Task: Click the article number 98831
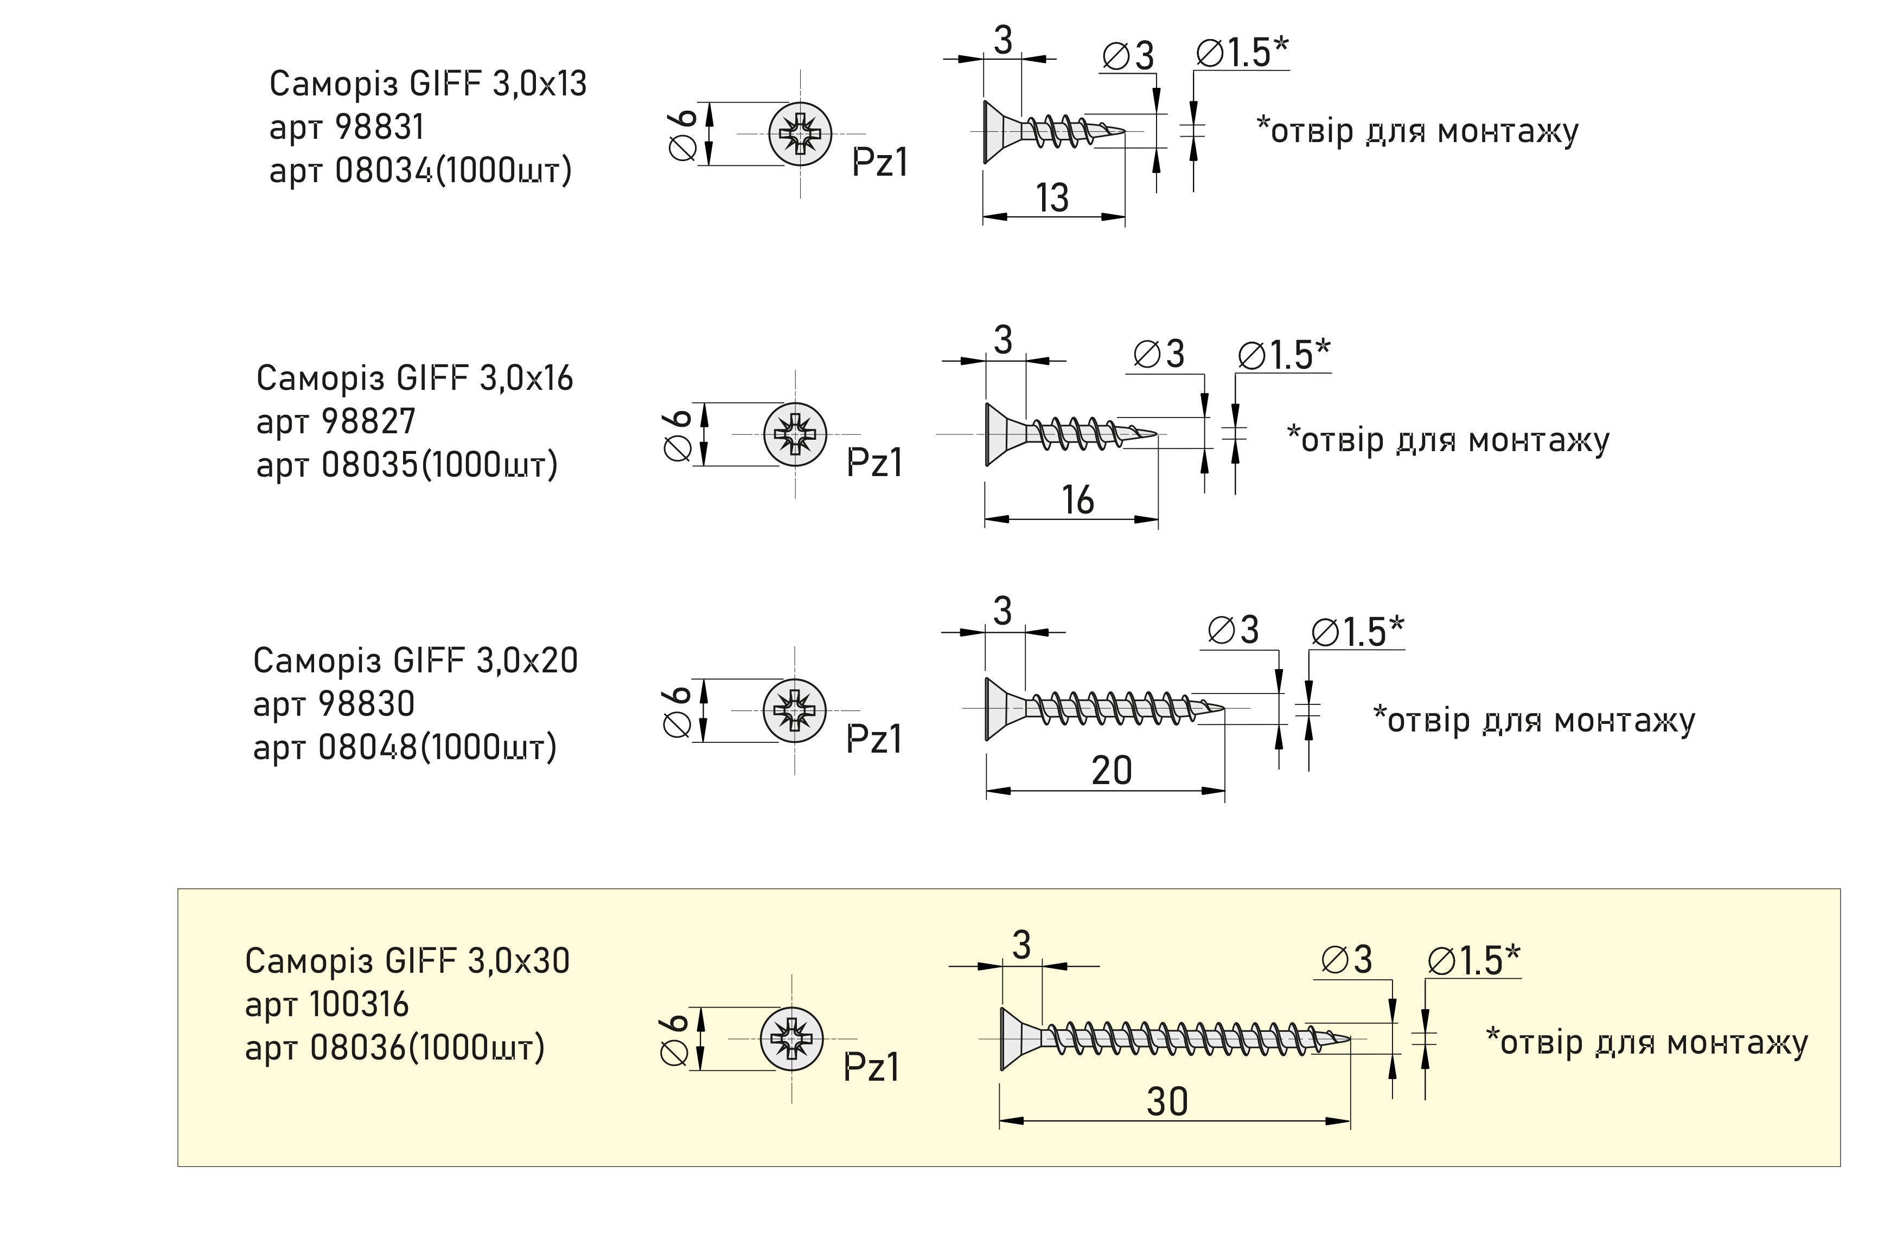(379, 127)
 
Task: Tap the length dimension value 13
(1052, 197)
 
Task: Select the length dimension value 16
(1077, 500)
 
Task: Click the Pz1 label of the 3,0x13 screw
(880, 163)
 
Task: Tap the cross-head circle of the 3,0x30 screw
(792, 1038)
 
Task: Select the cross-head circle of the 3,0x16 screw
(795, 434)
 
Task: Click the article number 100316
(359, 1004)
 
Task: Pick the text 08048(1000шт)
(437, 748)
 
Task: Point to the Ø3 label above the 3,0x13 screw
(1128, 56)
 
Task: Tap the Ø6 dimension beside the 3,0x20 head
(678, 711)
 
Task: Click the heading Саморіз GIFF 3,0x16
(414, 378)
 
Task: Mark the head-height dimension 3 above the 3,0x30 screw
(1021, 945)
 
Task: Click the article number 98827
(368, 421)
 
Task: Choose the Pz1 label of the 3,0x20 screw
(874, 739)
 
